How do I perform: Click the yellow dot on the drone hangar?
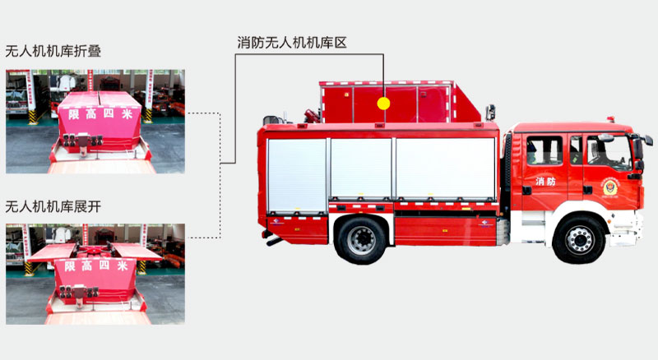[x=383, y=104]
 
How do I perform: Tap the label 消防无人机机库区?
[x=292, y=43]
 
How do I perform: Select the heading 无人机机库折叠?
[x=53, y=51]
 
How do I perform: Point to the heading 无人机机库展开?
[x=53, y=206]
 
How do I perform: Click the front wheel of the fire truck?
[x=579, y=238]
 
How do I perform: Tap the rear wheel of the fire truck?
[x=361, y=239]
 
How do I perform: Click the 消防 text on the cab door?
[x=545, y=182]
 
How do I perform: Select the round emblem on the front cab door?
[x=610, y=188]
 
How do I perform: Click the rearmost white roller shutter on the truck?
[x=297, y=176]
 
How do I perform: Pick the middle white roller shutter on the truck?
[x=361, y=168]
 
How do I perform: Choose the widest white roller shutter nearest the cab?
[x=446, y=168]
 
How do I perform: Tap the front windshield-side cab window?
[x=609, y=152]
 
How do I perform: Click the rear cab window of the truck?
[x=544, y=150]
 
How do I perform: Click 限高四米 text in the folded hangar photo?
[x=100, y=113]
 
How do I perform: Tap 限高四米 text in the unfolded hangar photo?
[x=96, y=265]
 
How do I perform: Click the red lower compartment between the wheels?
[x=445, y=231]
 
